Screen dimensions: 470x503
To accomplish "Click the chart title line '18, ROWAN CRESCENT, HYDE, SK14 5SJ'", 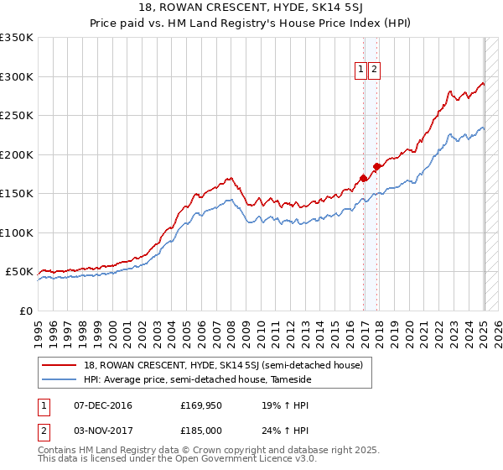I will [x=251, y=8].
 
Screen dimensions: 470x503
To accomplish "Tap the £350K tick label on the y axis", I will [x=17, y=38].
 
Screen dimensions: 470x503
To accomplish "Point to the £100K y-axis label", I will [x=17, y=232].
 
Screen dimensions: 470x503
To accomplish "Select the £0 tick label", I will [x=25, y=311].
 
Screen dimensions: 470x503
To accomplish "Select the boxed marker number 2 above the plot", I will [x=374, y=70].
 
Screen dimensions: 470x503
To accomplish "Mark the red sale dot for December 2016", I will [x=363, y=178].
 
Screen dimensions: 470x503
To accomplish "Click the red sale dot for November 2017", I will [x=376, y=166].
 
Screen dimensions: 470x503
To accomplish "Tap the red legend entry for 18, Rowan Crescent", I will [x=223, y=365].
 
